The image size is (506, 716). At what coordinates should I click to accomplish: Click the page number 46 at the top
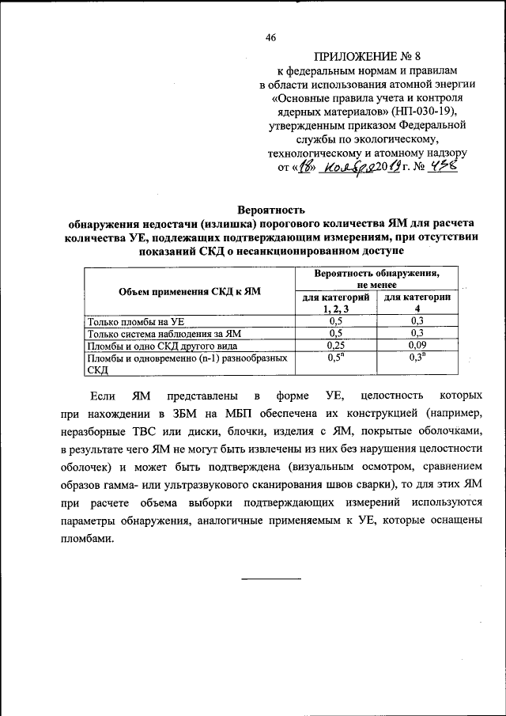[270, 38]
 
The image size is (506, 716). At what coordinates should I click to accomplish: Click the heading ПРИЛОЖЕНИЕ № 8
[362, 56]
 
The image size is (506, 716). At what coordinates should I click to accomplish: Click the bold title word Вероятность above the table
[271, 210]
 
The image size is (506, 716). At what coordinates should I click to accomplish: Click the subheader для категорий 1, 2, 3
[336, 302]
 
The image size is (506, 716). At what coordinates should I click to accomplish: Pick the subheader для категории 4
[417, 302]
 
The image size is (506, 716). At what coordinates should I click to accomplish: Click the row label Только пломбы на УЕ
[136, 321]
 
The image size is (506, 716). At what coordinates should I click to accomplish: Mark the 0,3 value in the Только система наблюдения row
[417, 333]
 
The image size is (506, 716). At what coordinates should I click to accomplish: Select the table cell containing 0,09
[417, 346]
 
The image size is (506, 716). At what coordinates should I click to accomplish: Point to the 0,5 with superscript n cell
[336, 358]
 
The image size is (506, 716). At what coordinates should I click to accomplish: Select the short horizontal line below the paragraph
[271, 578]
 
